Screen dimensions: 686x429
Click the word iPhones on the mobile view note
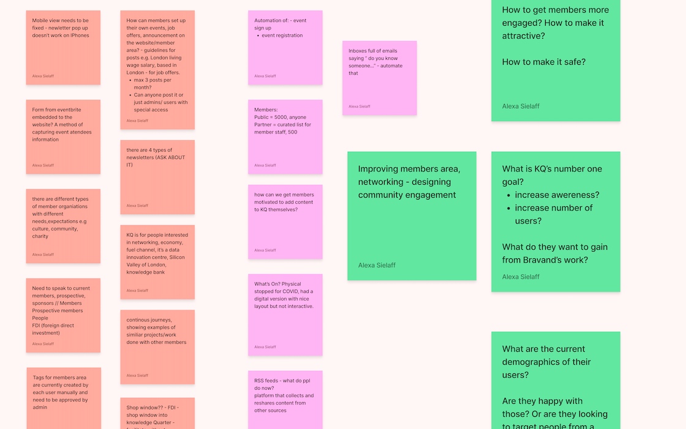pos(80,35)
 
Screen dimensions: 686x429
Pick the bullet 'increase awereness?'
pos(557,195)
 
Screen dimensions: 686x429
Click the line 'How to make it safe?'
pos(543,62)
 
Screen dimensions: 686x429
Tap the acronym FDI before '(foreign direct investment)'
pos(37,326)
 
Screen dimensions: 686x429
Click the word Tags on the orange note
pos(39,378)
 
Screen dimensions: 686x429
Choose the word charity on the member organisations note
pos(40,236)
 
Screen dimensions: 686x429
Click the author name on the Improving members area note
pos(377,265)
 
